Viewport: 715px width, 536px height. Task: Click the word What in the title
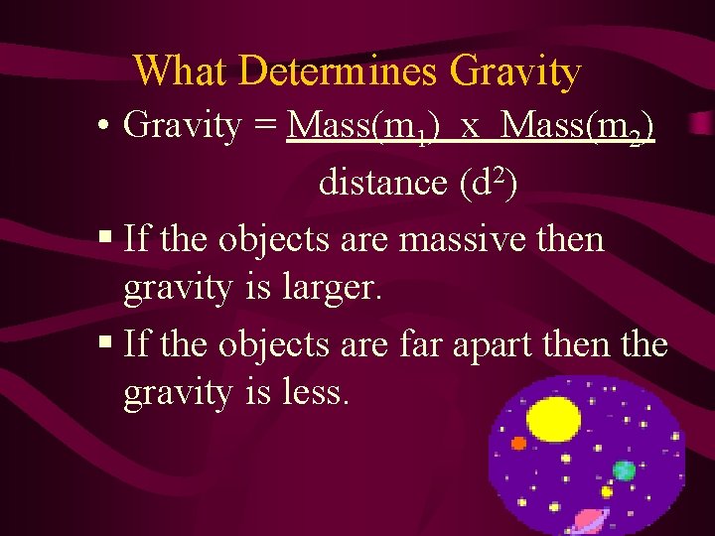tap(182, 71)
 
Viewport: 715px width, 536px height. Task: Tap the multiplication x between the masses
tap(471, 128)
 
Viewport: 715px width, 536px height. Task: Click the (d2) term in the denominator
tap(487, 183)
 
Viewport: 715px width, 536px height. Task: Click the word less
tap(312, 393)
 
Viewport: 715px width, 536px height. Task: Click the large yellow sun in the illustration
tap(553, 419)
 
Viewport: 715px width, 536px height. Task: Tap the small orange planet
tap(517, 443)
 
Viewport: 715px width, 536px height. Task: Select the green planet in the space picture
tap(624, 469)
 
